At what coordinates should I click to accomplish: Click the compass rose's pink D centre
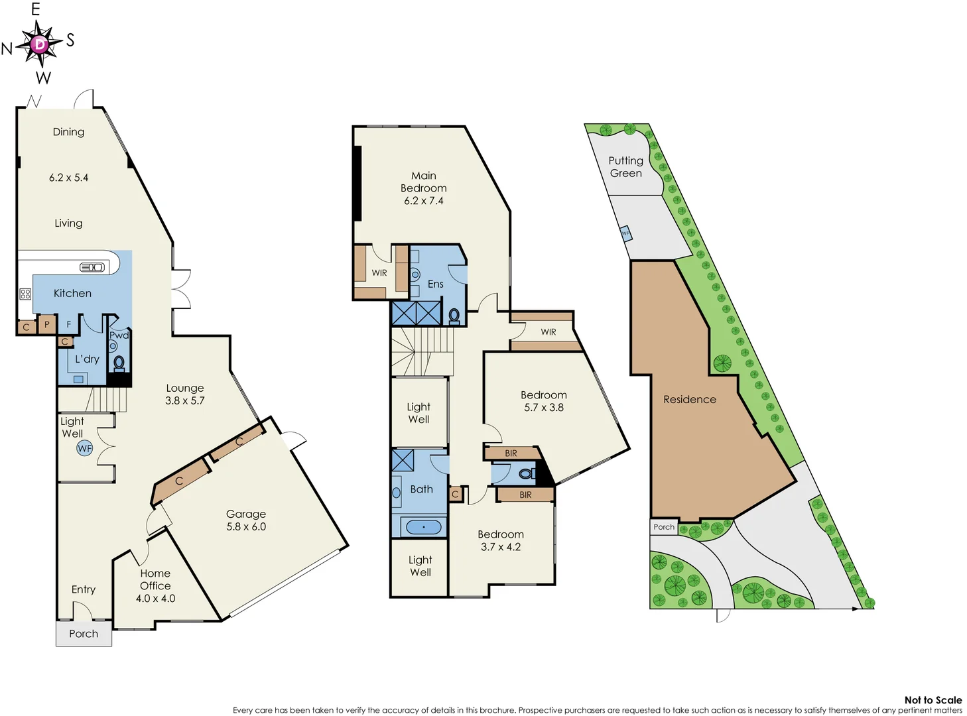(x=40, y=44)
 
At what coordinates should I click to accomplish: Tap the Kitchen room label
(x=72, y=293)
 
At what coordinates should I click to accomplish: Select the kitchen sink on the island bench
(x=92, y=267)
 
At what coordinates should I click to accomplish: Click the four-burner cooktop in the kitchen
(x=25, y=294)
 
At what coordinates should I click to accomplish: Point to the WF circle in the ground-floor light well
(x=85, y=448)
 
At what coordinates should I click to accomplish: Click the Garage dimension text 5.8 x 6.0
(x=246, y=526)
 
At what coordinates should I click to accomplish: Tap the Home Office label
(x=155, y=579)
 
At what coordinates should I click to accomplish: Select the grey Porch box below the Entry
(x=84, y=634)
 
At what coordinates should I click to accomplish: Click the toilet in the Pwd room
(x=119, y=363)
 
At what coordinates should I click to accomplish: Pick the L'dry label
(x=87, y=359)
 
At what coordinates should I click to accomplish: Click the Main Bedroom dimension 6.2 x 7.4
(x=424, y=200)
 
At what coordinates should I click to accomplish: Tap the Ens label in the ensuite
(x=435, y=284)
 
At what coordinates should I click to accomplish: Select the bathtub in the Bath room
(x=423, y=527)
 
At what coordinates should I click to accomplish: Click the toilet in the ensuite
(x=454, y=315)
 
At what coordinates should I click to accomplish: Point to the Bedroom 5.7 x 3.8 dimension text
(x=544, y=407)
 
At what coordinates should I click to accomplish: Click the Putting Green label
(x=625, y=166)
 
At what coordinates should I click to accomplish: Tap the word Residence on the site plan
(x=690, y=399)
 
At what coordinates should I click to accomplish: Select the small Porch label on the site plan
(x=664, y=527)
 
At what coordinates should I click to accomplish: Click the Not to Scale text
(x=933, y=700)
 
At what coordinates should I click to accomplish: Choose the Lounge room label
(x=185, y=388)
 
